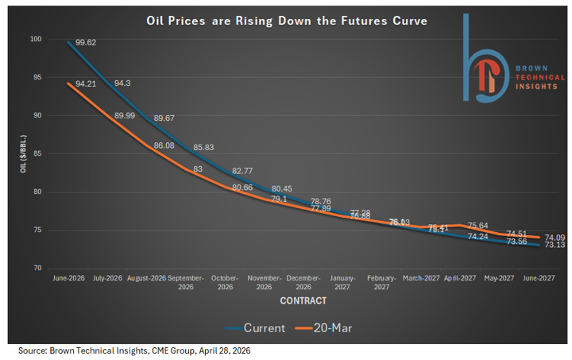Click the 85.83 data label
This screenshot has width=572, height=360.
[x=206, y=147]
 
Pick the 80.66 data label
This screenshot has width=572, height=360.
[x=243, y=188]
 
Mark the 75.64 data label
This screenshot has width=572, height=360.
[x=478, y=226]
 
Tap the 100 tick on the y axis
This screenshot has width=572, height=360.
[x=35, y=39]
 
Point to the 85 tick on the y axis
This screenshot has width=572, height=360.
[x=37, y=153]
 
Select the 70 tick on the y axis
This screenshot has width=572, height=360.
[x=37, y=268]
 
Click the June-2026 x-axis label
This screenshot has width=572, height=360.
[x=68, y=279]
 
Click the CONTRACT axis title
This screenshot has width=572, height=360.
[x=303, y=302]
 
